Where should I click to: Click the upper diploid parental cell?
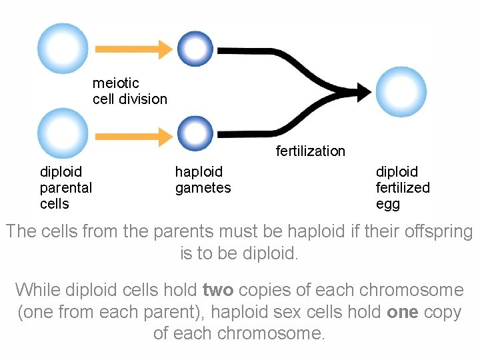[62, 49]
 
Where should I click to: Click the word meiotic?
[116, 83]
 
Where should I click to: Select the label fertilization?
[311, 151]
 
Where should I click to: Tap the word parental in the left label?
[66, 188]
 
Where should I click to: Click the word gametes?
[203, 188]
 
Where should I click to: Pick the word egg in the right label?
[388, 204]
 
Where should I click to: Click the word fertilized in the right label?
[403, 188]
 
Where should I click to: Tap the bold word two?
[218, 291]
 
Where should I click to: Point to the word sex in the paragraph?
[313, 312]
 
